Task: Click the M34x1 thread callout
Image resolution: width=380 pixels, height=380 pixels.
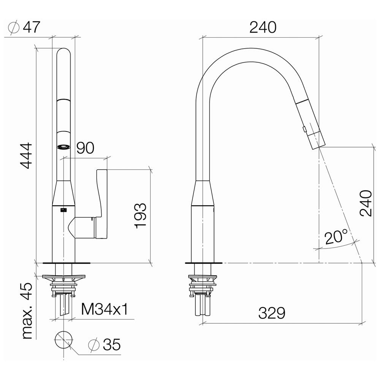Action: click(104, 309)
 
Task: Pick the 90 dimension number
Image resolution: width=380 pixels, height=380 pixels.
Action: click(85, 148)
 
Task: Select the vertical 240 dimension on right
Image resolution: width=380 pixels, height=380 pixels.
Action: click(366, 203)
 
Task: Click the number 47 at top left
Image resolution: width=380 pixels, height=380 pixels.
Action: click(31, 27)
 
